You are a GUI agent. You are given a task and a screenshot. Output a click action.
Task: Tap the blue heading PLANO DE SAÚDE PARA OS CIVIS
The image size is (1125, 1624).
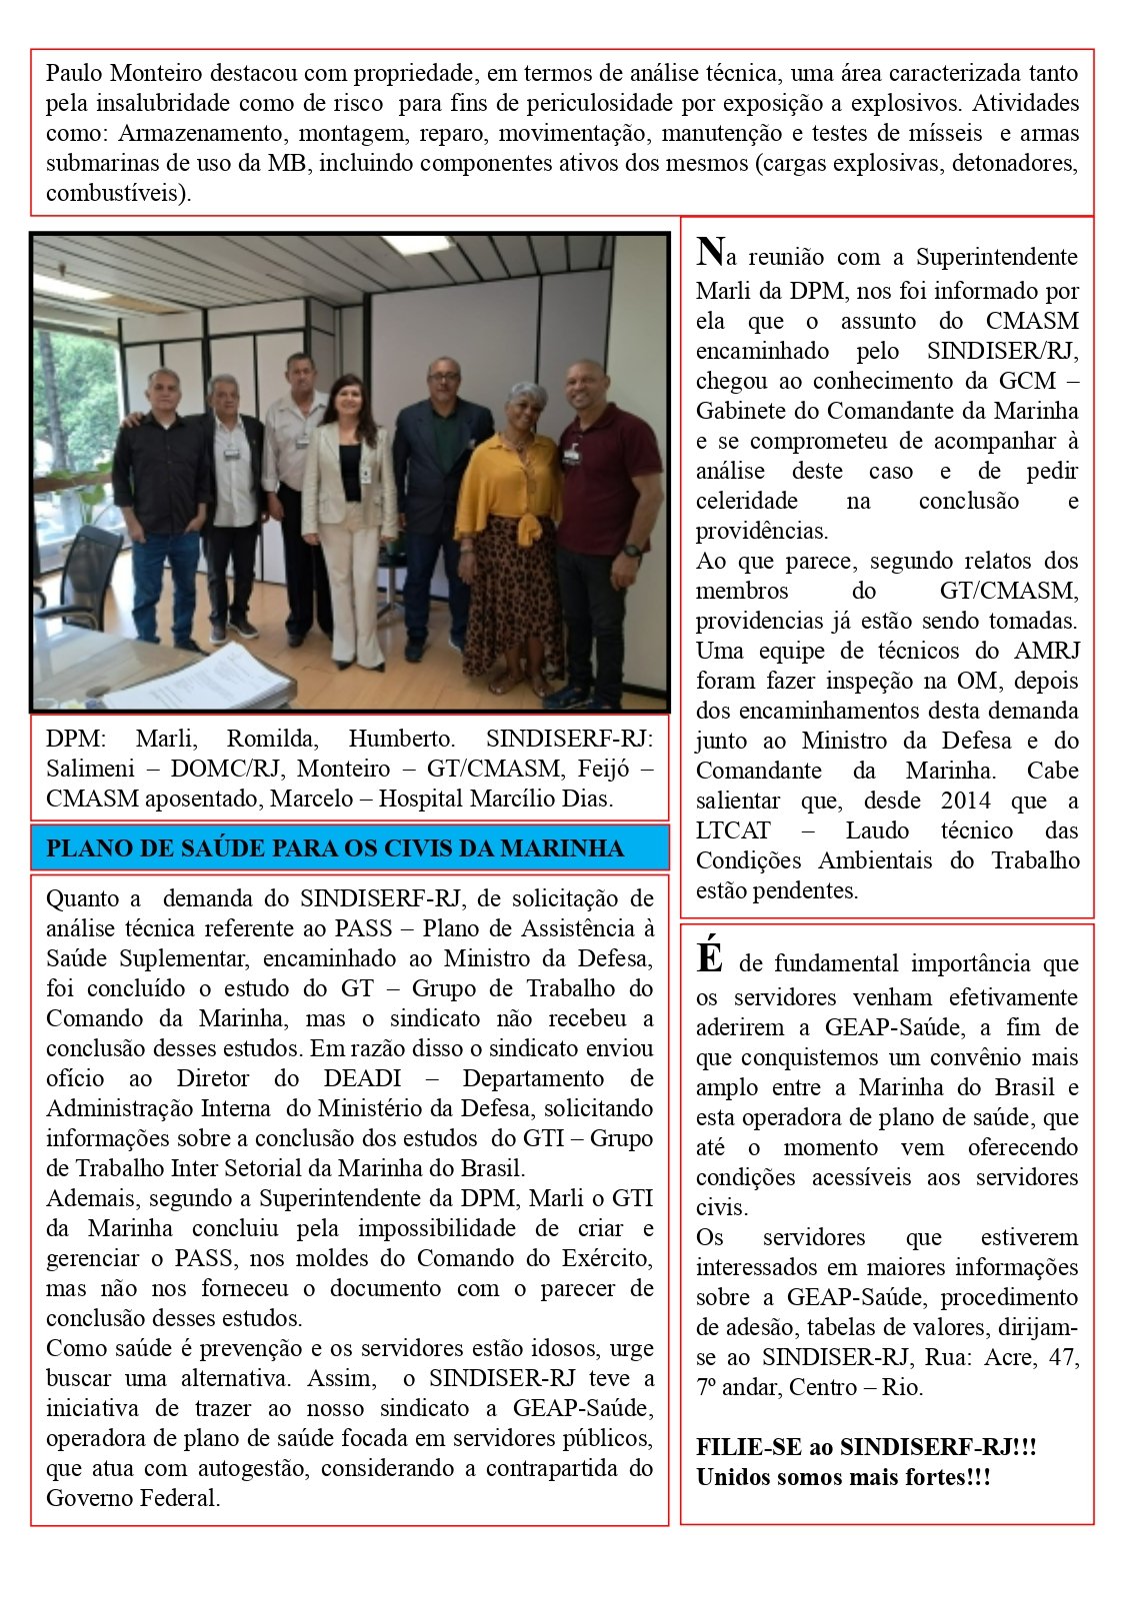coord(335,848)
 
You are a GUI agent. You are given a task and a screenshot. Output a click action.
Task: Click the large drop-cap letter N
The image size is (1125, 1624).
coord(709,252)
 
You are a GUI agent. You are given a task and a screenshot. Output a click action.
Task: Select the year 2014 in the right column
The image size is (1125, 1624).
coord(965,801)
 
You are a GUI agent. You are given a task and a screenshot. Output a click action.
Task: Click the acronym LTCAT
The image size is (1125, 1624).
coord(733,830)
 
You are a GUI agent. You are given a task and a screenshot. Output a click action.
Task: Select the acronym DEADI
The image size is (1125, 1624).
coord(362,1079)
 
